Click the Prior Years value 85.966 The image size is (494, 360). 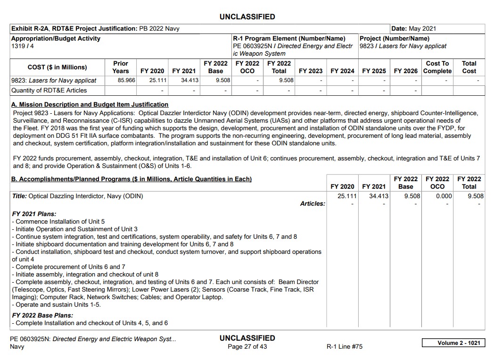pos(126,80)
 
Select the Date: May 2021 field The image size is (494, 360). pos(413,29)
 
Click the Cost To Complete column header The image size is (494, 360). pos(437,67)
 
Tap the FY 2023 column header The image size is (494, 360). pos(311,71)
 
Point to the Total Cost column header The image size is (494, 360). pos(469,67)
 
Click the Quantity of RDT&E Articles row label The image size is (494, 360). pos(49,90)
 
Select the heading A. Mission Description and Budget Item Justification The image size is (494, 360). pos(90,104)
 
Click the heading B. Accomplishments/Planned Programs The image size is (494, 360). pos(131,179)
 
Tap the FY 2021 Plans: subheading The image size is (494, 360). pos(34,214)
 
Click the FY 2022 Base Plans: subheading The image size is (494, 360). pos(42,315)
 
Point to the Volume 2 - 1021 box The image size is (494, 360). pos(453,343)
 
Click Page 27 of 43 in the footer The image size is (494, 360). pos(247,347)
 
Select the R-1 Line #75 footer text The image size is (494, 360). pos(345,347)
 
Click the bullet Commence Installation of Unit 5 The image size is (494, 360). pos(58,221)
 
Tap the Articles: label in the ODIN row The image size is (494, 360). pos(313,203)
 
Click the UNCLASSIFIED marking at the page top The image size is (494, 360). pos(247,17)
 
